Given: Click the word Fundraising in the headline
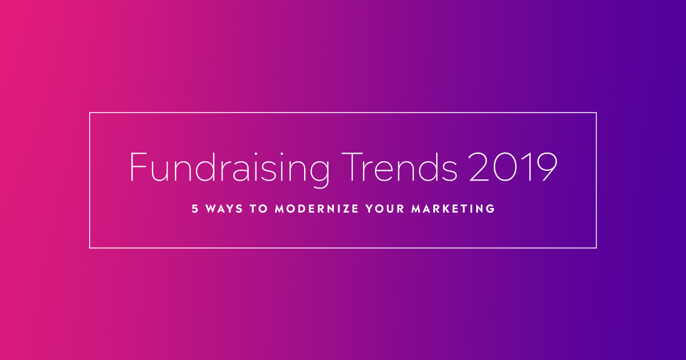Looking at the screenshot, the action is (230, 169).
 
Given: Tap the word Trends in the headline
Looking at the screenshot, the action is (400, 166).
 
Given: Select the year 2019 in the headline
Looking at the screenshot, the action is (513, 166).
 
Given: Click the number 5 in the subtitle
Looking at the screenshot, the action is (195, 209).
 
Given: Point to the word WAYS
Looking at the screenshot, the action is (224, 209).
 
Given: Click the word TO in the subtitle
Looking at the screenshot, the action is (259, 209).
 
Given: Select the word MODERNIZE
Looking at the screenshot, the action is (317, 209).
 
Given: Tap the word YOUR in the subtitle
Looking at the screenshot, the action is (385, 209).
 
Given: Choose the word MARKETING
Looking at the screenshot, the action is (453, 209).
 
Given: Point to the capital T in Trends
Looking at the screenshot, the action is (352, 166).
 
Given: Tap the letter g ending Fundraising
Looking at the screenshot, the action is (320, 174).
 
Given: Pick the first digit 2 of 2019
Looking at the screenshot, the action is (479, 166).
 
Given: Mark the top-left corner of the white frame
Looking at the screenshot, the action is (90, 113).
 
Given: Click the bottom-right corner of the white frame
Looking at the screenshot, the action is (596, 247).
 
